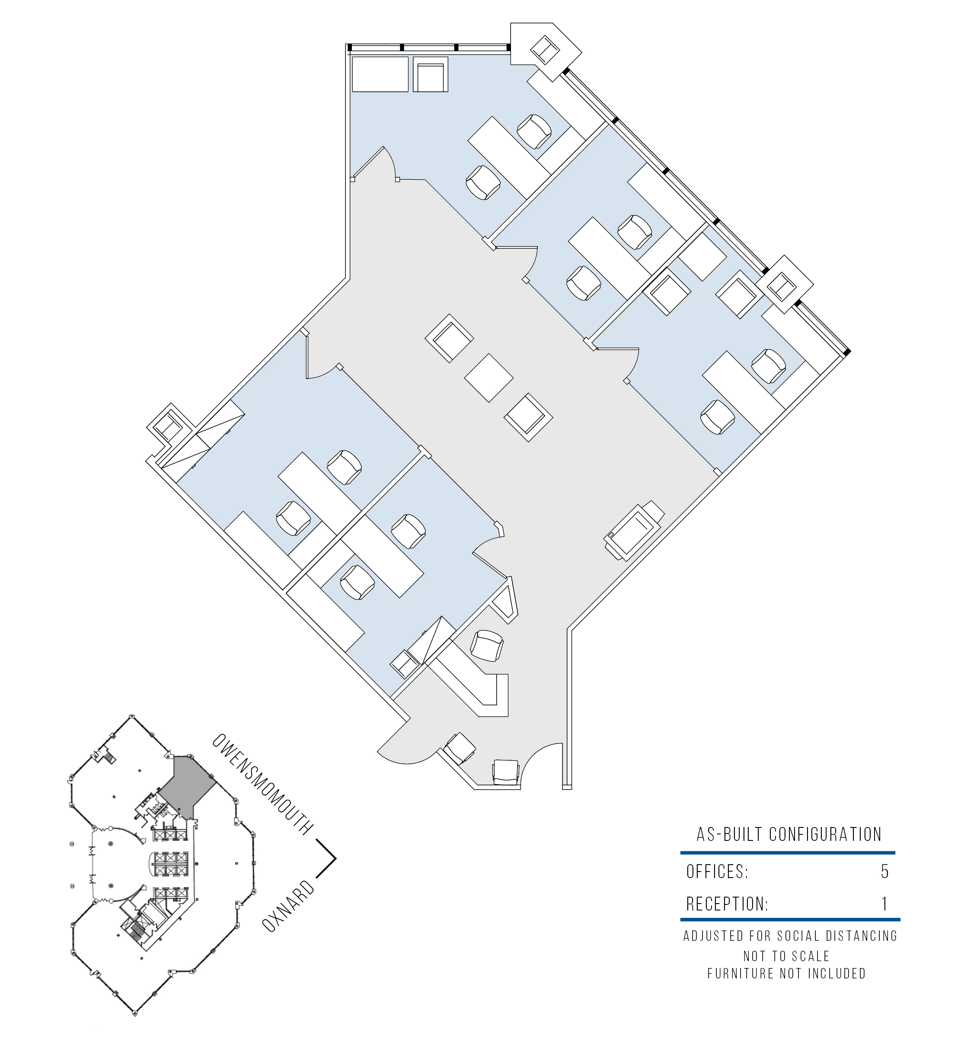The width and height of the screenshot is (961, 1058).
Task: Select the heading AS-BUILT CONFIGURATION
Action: pyautogui.click(x=789, y=834)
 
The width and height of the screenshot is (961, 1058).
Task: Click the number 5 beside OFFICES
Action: pyautogui.click(x=884, y=872)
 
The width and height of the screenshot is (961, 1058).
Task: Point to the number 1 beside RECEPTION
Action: pyautogui.click(x=884, y=904)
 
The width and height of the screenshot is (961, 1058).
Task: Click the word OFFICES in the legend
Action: pyautogui.click(x=717, y=872)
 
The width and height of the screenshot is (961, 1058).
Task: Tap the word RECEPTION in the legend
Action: pyautogui.click(x=727, y=904)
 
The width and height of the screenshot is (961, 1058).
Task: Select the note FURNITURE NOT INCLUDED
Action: pyautogui.click(x=786, y=974)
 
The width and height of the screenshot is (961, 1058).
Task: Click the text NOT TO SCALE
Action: pyautogui.click(x=786, y=956)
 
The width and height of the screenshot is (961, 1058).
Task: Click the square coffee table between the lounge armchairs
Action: pyautogui.click(x=488, y=378)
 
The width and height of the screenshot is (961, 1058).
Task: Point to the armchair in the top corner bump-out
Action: pyautogui.click(x=545, y=50)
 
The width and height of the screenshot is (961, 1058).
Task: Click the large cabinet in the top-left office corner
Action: pyautogui.click(x=380, y=74)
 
